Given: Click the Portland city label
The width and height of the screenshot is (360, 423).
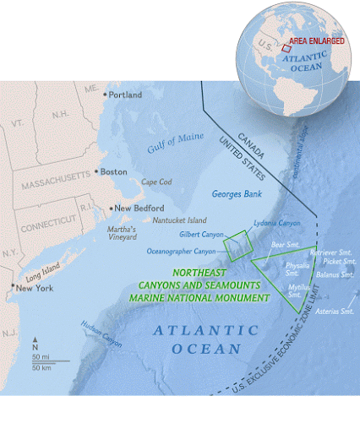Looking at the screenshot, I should (x=126, y=95).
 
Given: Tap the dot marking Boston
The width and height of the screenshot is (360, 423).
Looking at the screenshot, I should (x=97, y=171).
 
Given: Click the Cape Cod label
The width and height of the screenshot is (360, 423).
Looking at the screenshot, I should (x=156, y=182).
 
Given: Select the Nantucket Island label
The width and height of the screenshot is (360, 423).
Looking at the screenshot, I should (x=179, y=220).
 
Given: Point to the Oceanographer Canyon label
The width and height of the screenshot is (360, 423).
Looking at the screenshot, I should (x=181, y=251).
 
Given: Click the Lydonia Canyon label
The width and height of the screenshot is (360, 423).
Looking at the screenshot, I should (x=276, y=223).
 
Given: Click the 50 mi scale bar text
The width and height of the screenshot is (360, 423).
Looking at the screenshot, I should (x=40, y=359).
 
